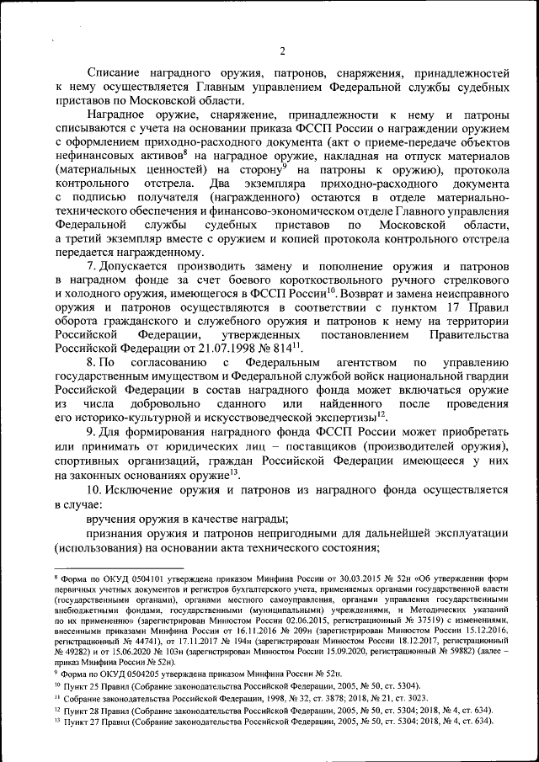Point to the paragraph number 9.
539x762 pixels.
pyautogui.click(x=91, y=430)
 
